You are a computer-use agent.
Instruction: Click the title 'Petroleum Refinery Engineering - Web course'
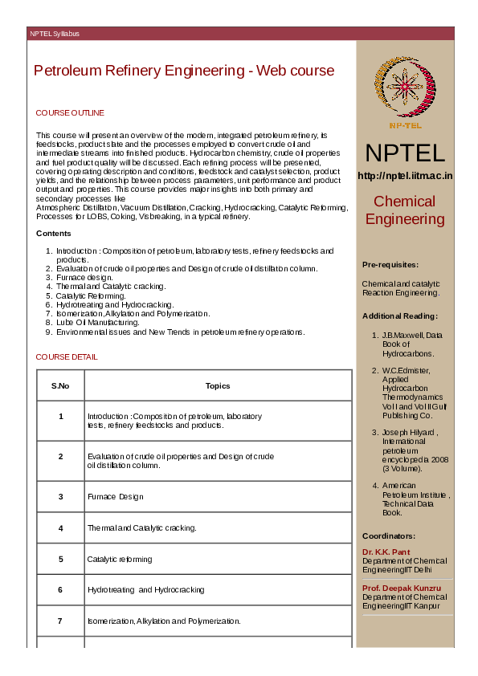coord(184,71)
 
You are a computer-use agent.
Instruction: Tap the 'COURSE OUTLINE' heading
coord(70,113)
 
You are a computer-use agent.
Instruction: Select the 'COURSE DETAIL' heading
coord(67,356)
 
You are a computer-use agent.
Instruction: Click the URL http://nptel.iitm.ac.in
coord(405,176)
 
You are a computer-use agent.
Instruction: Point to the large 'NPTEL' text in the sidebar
coord(405,153)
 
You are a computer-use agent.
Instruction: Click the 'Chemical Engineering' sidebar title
coord(405,210)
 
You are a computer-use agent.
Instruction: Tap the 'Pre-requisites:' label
coord(390,264)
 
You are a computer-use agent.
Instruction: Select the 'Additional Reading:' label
coord(399,316)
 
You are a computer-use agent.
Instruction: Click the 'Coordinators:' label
coord(389,536)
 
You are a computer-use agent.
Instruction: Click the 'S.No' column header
coord(60,386)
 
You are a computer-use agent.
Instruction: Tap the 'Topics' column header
coord(218,386)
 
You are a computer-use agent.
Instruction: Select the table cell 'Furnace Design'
coord(115,497)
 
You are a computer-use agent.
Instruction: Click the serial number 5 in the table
coord(60,559)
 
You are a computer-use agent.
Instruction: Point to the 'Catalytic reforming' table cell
coord(120,559)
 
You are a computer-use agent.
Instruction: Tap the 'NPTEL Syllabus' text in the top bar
coord(55,34)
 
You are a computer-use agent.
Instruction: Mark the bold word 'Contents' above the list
coord(53,234)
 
